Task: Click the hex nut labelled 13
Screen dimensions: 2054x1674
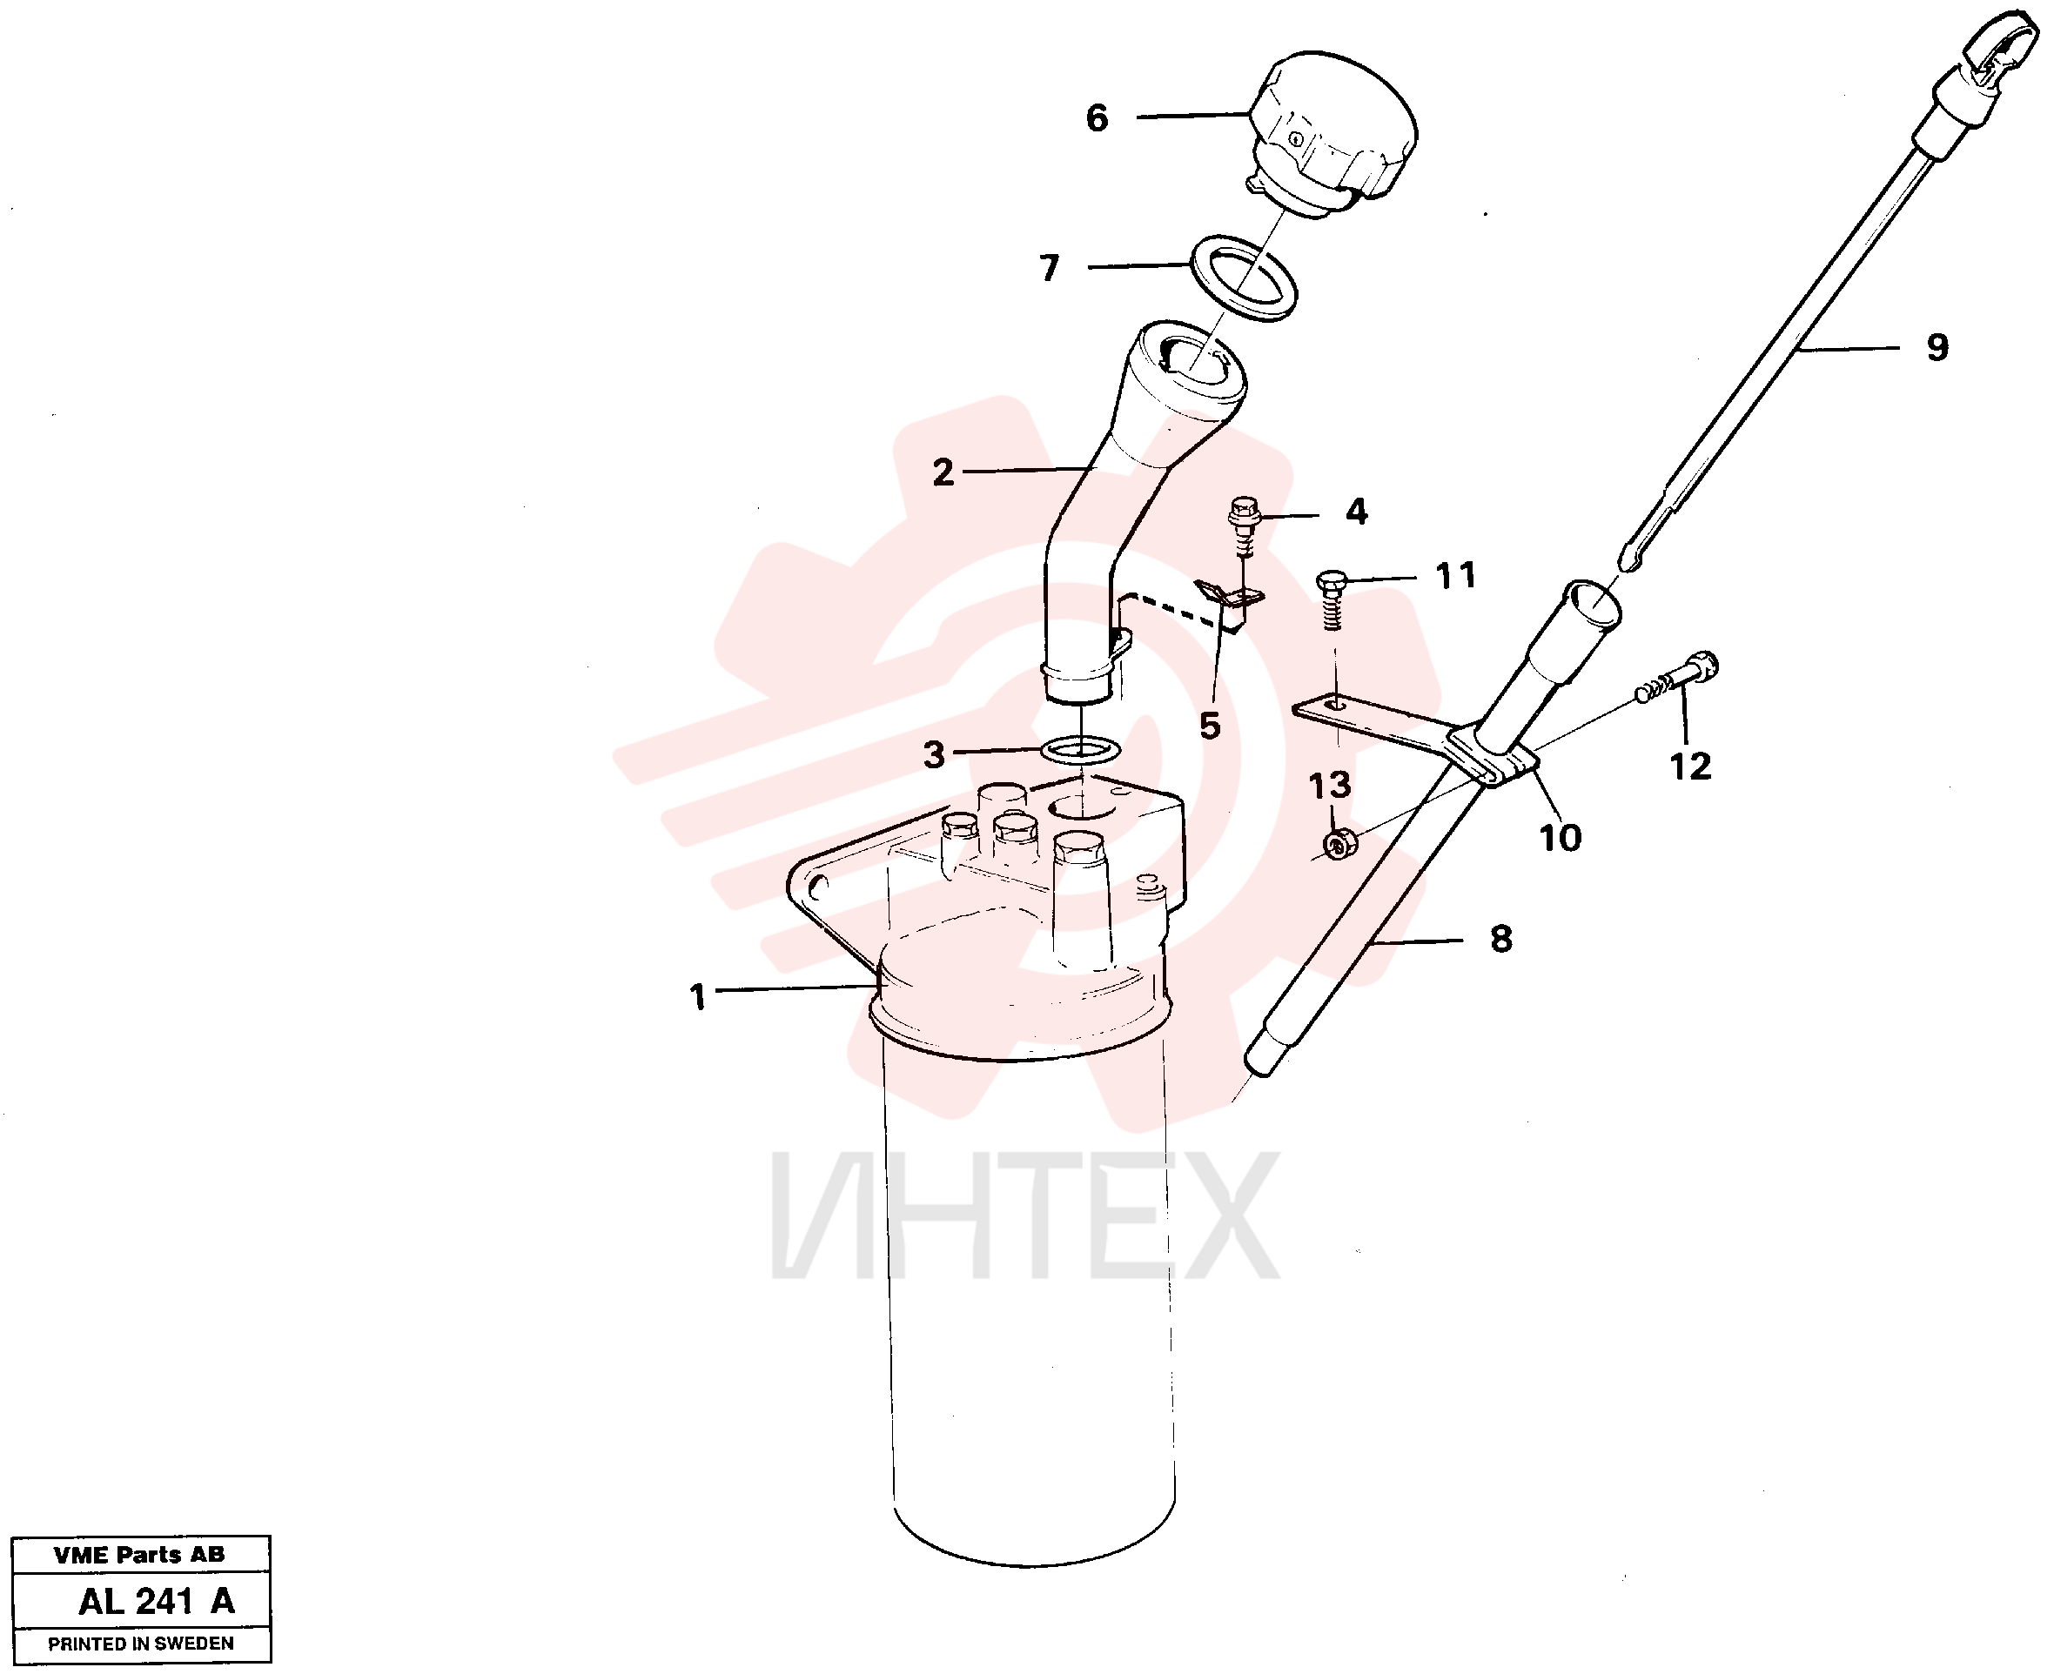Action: pos(1339,845)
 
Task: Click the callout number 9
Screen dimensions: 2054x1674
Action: pos(1937,347)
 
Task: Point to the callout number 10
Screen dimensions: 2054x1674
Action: pos(1561,837)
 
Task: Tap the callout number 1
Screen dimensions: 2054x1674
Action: pos(698,997)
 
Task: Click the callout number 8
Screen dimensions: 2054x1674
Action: pos(1501,938)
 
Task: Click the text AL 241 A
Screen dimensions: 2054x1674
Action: pos(156,1601)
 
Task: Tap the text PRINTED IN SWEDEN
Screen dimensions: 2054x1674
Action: pos(141,1644)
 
